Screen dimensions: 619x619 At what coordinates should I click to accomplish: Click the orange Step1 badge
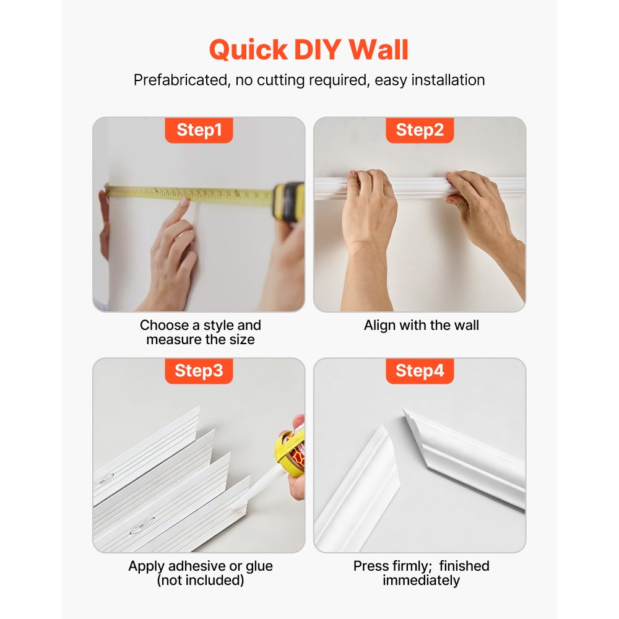[x=199, y=130]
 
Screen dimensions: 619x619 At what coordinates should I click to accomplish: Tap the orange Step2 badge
[x=420, y=130]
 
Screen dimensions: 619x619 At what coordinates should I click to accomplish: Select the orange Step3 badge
[x=199, y=371]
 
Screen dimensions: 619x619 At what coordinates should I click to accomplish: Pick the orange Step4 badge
[x=420, y=371]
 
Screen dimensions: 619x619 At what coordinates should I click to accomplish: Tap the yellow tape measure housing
[x=288, y=201]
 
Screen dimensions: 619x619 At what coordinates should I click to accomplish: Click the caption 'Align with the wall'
[x=421, y=325]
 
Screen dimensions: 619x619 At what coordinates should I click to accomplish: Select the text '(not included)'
[x=200, y=580]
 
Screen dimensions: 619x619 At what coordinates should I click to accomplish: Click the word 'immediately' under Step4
[x=421, y=580]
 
